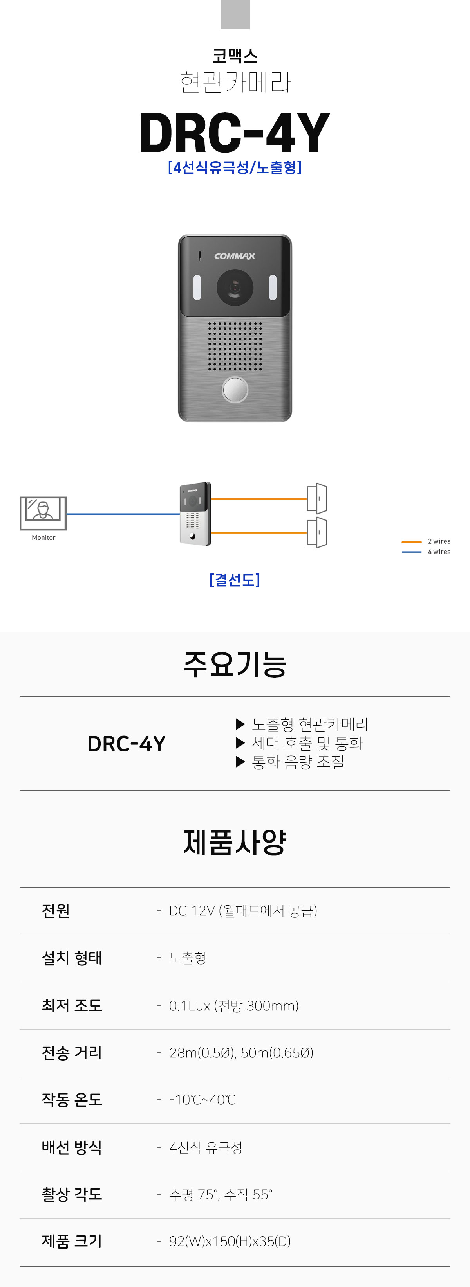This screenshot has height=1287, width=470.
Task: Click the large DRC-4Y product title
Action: coord(235,132)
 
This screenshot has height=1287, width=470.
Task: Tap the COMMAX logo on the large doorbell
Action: coord(235,256)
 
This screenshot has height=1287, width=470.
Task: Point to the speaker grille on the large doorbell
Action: coord(235,346)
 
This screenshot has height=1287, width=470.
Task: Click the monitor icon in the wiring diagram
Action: coord(43,513)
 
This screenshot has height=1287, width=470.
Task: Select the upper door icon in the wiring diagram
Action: coord(317,498)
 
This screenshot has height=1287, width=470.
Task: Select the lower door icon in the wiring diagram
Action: coord(317,532)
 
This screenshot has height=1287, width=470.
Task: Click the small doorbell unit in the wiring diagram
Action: coord(195,514)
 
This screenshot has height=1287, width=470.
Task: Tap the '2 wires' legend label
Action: coord(439,541)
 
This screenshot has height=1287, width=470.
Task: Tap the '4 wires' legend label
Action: coord(439,552)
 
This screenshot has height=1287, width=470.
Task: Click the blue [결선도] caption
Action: coord(235,580)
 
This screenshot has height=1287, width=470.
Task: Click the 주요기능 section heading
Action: coord(235,665)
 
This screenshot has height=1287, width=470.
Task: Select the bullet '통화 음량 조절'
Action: coord(298,762)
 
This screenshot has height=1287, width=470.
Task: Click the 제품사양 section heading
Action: coord(235,842)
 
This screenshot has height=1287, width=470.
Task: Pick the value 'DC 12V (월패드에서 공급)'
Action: coord(243,911)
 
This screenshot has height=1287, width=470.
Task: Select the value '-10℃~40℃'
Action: coord(202,1100)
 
